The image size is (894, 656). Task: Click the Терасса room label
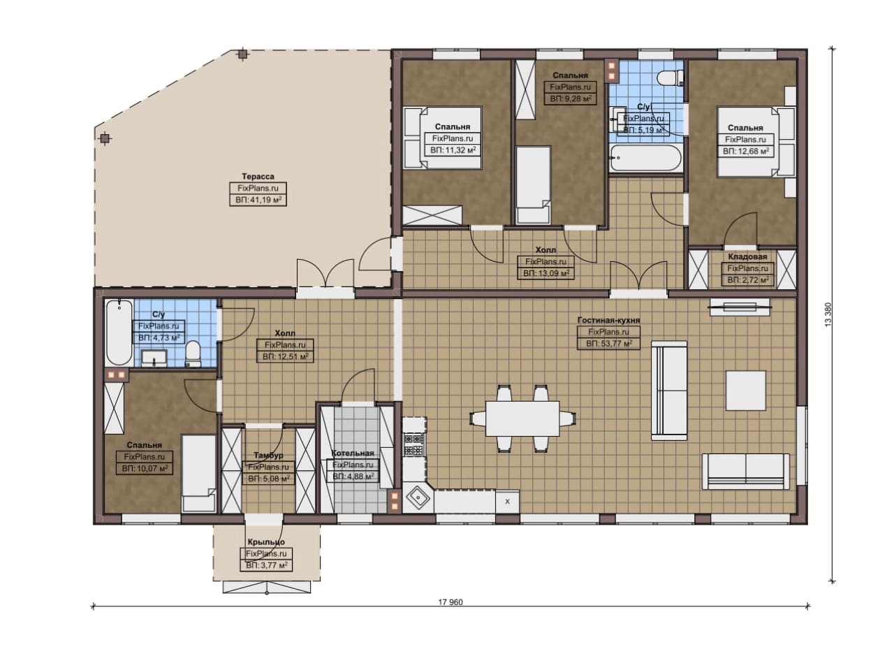click(x=258, y=177)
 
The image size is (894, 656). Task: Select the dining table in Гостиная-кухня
click(x=522, y=418)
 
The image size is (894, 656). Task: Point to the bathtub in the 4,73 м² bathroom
click(x=119, y=333)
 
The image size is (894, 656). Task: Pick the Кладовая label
click(x=747, y=256)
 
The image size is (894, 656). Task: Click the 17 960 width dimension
click(x=450, y=602)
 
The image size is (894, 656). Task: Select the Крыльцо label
click(x=266, y=542)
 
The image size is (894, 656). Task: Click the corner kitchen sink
click(x=418, y=497)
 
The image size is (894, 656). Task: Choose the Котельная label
click(x=353, y=453)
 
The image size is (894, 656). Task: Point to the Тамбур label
click(x=268, y=455)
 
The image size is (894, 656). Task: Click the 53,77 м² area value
click(x=609, y=344)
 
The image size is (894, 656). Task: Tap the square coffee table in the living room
click(x=745, y=391)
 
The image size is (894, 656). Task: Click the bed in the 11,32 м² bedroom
click(x=442, y=138)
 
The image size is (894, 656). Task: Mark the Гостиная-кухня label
click(x=608, y=320)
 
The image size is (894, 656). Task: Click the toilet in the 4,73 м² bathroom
click(x=193, y=353)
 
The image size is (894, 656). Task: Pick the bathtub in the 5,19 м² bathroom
click(x=645, y=158)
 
